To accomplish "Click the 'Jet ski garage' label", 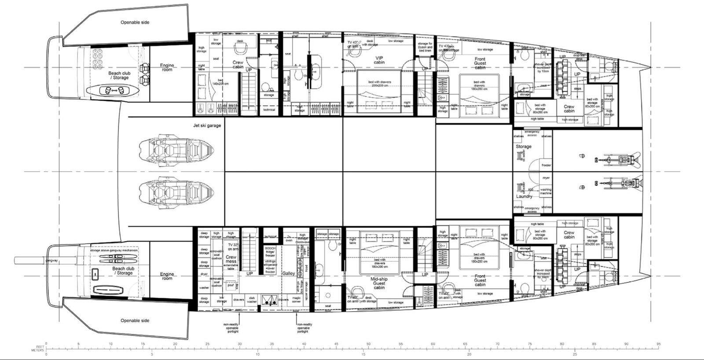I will point(207,126).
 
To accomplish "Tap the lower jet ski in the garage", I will point(176,192).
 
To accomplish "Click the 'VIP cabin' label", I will point(379,60).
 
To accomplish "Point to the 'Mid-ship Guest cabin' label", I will point(379,283).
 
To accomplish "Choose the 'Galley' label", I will point(289,273).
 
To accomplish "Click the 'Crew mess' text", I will point(231,259).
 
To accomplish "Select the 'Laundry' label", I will point(524,196).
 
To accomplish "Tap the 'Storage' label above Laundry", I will point(524,147).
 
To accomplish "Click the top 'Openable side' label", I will point(135,22).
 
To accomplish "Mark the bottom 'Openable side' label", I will point(135,320).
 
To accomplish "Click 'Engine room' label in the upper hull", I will point(167,67).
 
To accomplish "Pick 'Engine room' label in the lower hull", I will point(167,276).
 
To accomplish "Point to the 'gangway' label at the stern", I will point(52,261).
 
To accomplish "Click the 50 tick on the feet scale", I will point(369,344).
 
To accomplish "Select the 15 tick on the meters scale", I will point(363,353).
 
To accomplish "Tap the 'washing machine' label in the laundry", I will point(546,192).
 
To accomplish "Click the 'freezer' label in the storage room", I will point(546,165).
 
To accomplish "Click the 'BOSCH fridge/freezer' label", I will point(270,252).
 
